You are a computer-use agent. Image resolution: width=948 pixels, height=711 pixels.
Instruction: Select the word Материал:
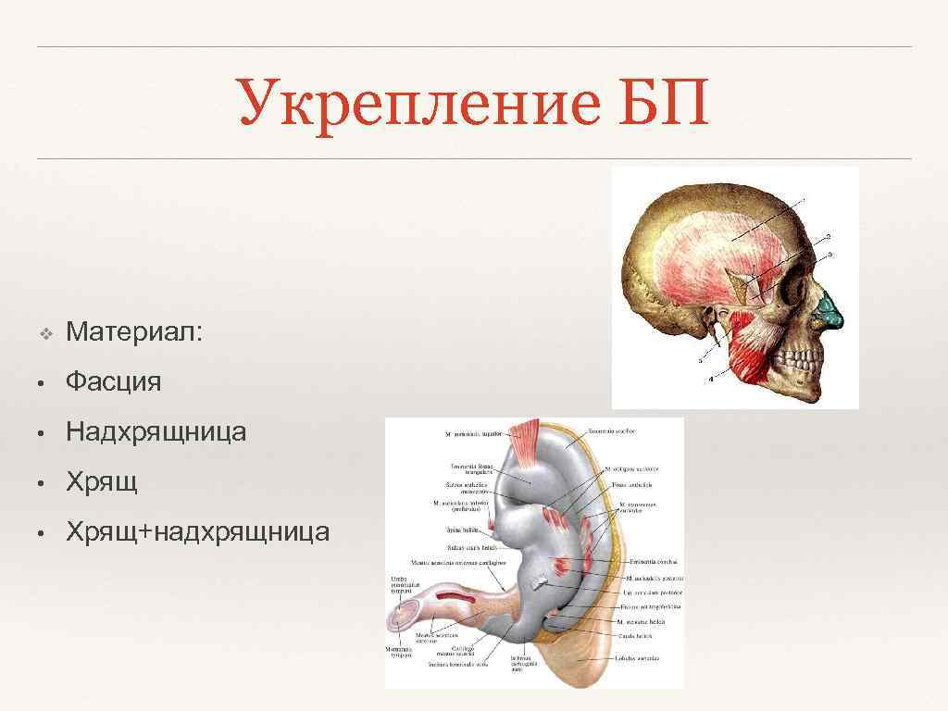(134, 331)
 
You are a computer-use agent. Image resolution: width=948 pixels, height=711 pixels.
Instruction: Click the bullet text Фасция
(113, 380)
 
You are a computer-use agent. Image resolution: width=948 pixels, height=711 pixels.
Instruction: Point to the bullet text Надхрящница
(156, 431)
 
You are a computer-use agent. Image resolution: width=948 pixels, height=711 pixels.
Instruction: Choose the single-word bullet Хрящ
(102, 481)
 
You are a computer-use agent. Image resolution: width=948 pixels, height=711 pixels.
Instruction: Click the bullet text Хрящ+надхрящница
(197, 532)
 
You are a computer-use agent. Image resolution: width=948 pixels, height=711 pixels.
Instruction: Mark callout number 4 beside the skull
(711, 379)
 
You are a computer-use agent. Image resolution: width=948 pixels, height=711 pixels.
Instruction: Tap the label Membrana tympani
(400, 653)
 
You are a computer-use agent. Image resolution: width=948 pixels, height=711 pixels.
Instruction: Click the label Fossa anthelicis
(633, 484)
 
